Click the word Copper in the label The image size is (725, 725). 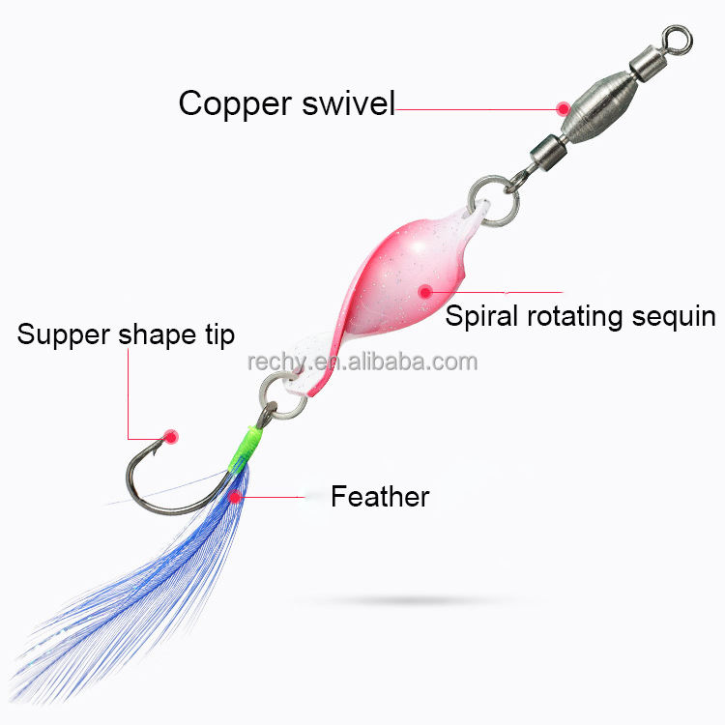(x=231, y=103)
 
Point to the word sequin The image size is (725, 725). (x=681, y=316)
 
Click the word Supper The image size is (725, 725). (x=62, y=335)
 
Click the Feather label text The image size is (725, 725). (x=380, y=497)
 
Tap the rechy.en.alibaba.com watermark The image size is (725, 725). (x=362, y=362)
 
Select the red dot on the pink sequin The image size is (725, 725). (x=423, y=288)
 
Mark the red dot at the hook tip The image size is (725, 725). (x=171, y=436)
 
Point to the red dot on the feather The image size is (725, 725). (x=236, y=496)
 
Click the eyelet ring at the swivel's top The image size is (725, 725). (x=681, y=39)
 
